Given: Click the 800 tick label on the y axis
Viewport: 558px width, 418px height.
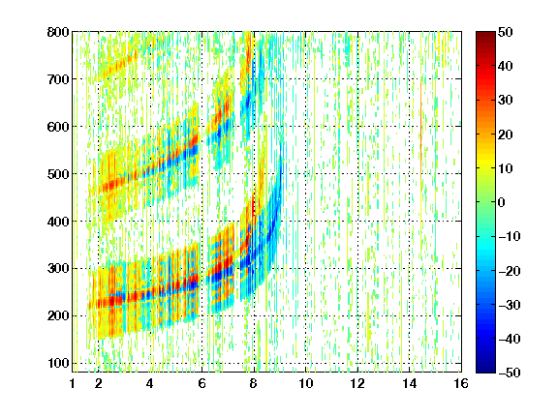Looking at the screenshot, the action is coord(58,32).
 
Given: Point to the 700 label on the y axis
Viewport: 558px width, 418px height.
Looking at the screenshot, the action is coord(58,79).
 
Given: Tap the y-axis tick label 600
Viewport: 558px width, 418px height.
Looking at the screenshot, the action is coord(58,127).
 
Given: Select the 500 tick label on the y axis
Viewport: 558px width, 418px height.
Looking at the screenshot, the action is coord(58,174).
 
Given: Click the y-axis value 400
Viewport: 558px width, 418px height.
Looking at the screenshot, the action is coord(58,222).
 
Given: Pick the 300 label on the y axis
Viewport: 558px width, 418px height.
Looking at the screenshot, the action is coord(58,269).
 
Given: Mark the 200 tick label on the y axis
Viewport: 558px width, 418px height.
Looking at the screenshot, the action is coord(58,316).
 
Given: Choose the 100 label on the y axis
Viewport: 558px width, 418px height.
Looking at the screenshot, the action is coord(58,363).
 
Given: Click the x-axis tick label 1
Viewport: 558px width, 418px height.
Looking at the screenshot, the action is coord(73,383).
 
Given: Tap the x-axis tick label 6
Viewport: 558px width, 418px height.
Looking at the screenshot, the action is coord(201,383).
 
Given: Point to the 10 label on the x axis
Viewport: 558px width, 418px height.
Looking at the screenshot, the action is coord(305,383).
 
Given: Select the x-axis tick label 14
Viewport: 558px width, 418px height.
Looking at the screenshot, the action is coord(409,383).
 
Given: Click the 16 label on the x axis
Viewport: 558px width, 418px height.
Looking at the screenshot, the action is coord(461,383).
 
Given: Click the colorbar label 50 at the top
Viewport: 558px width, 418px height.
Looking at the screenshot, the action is coord(506,32).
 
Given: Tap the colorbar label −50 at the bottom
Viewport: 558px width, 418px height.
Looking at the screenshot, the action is coord(510,373).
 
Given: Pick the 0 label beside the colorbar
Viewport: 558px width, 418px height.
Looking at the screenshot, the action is coord(502,202).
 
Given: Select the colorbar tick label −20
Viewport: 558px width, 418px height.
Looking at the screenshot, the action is coord(510,271).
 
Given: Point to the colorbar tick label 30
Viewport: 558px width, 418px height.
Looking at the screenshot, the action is coord(506,101).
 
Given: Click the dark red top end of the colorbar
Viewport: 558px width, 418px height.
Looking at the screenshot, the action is coord(485,34).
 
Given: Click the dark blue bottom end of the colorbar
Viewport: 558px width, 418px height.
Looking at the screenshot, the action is coord(485,370).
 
